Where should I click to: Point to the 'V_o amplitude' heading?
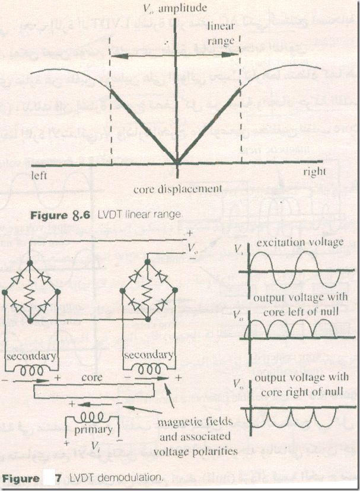[x=176, y=8]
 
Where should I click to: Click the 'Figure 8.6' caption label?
[x=60, y=216]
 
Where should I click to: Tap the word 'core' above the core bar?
[x=94, y=377]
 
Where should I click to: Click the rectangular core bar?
[x=95, y=391]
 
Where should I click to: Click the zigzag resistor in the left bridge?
[x=30, y=292]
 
